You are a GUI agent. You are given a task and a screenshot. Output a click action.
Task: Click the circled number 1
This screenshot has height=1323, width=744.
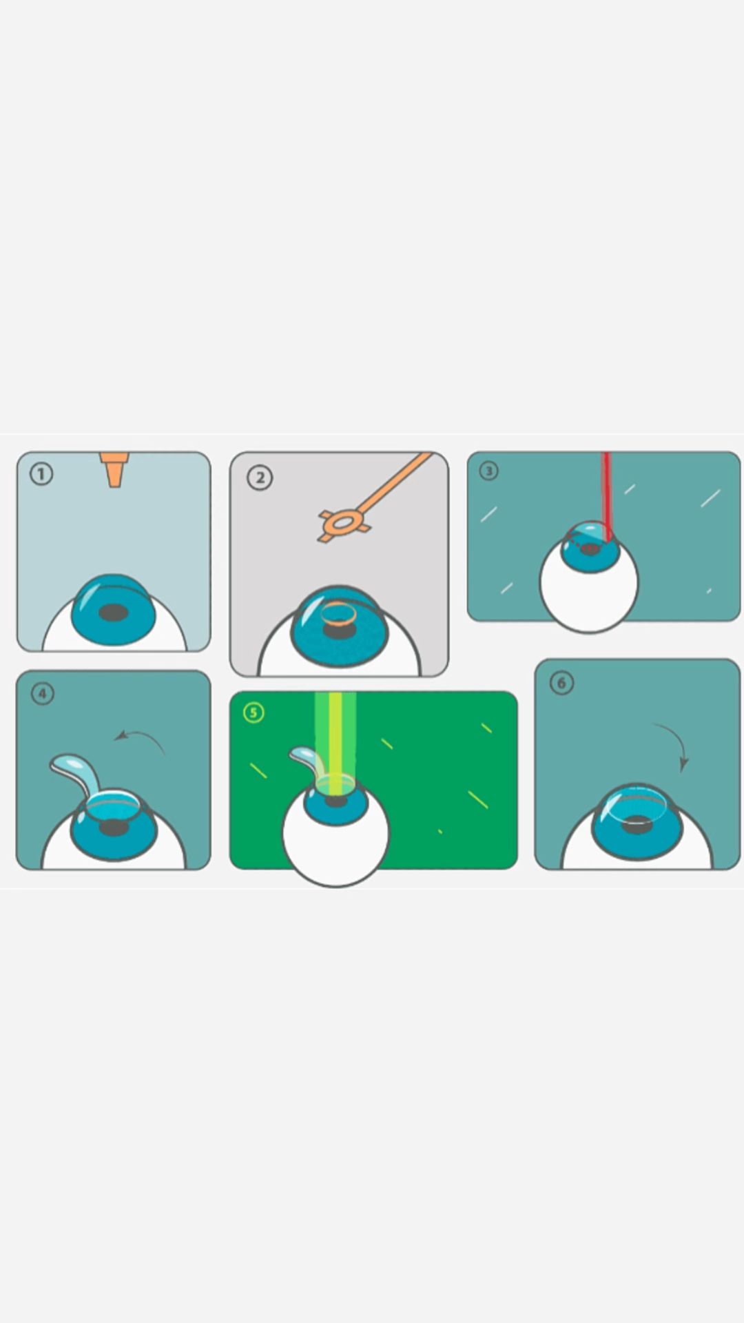[x=41, y=474]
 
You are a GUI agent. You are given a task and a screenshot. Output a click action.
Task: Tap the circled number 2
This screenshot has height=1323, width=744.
[x=260, y=478]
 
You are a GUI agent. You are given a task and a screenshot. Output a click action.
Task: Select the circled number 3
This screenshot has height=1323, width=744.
[x=488, y=471]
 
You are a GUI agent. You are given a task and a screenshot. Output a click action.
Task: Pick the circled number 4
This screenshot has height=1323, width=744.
[x=43, y=693]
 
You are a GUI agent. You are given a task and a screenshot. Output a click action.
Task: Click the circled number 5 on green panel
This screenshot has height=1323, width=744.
[x=254, y=712]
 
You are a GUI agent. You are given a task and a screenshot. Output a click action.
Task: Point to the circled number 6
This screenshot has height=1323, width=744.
[x=561, y=683]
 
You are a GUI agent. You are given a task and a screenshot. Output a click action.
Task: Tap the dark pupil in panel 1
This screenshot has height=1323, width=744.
[x=114, y=612]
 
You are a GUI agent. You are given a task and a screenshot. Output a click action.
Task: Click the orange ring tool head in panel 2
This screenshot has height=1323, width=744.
[x=342, y=522]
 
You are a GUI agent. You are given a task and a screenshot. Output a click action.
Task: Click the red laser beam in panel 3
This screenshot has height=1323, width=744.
[x=606, y=496]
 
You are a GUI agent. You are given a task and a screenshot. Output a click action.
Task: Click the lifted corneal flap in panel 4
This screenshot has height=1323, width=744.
[x=76, y=768]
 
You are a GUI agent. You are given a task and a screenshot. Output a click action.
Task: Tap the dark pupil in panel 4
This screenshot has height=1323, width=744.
[x=114, y=828]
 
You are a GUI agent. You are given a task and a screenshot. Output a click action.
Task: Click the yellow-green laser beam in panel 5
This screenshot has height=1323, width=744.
[x=335, y=744]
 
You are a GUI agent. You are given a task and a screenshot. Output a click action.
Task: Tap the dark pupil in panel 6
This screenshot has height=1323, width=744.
[x=638, y=824]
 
